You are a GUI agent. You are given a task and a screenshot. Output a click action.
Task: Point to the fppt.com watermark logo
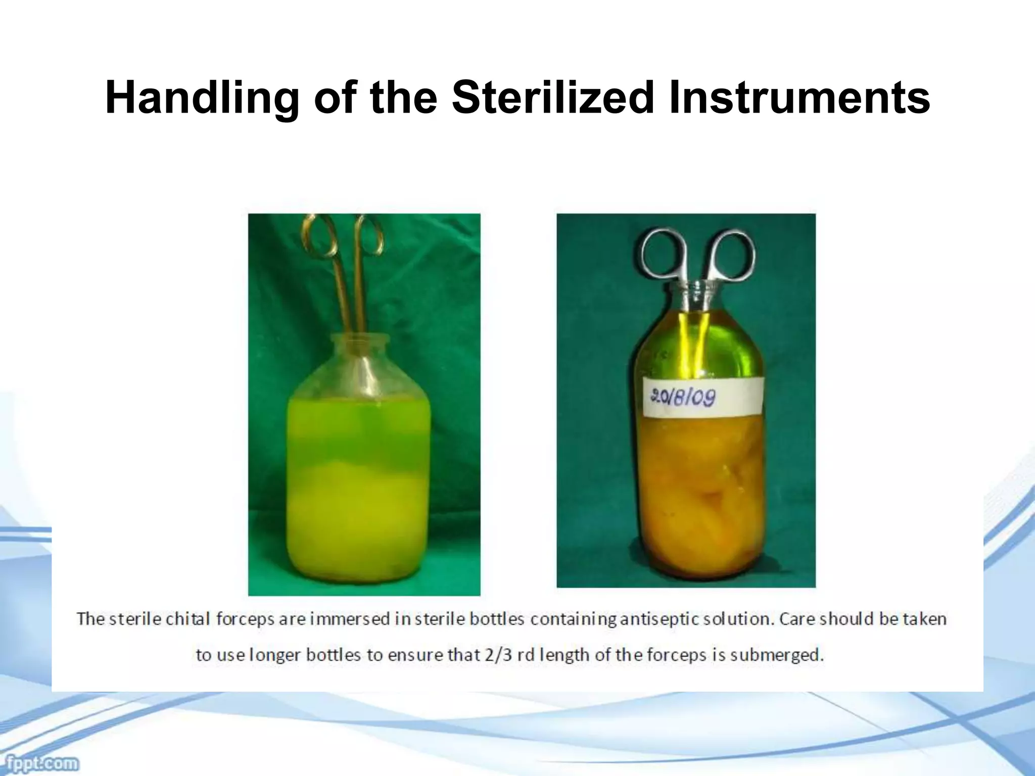pos(39,762)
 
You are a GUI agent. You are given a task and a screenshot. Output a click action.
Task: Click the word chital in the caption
pos(187,619)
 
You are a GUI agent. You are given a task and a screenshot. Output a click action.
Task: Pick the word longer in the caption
pos(275,656)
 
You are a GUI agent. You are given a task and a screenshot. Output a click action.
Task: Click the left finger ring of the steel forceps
pos(663,255)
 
